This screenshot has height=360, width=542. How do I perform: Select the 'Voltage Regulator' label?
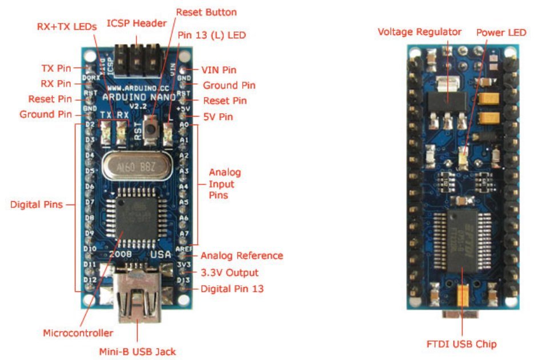tap(420, 32)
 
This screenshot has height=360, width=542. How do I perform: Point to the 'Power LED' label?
tap(501, 33)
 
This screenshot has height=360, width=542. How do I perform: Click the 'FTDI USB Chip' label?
tap(461, 343)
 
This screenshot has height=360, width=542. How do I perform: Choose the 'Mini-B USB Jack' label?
tap(139, 349)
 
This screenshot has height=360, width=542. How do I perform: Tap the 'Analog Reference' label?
tap(242, 255)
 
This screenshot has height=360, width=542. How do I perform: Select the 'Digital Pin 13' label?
tap(232, 289)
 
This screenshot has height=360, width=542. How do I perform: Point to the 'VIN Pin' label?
tap(219, 70)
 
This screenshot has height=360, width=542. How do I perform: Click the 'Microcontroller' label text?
tap(78, 333)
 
